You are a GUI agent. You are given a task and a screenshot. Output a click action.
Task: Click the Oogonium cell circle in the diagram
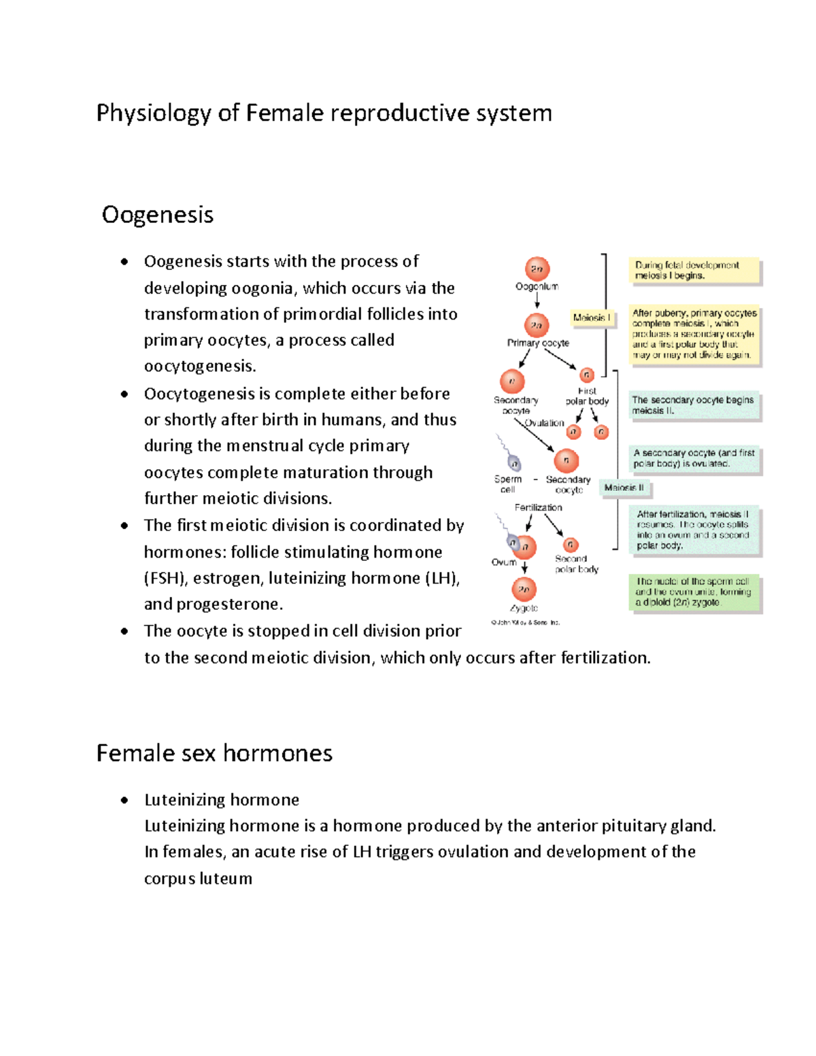pyautogui.click(x=537, y=269)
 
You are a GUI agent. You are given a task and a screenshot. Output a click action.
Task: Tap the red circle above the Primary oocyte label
pyautogui.click(x=537, y=325)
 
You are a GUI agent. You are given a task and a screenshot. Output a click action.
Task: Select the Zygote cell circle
pyautogui.click(x=524, y=589)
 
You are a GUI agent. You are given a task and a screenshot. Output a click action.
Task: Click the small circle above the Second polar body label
pyautogui.click(x=571, y=545)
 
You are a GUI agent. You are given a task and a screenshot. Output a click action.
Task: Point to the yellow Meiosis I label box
pyautogui.click(x=591, y=318)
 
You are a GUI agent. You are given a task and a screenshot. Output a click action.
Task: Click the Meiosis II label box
pyautogui.click(x=624, y=488)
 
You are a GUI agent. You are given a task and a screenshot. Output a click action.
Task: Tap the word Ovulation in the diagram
pyautogui.click(x=545, y=423)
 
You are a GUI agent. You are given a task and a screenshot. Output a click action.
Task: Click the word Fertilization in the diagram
pyautogui.click(x=538, y=507)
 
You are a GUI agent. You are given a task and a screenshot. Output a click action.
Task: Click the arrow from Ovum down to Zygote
pyautogui.click(x=524, y=567)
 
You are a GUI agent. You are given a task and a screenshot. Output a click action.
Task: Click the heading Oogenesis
pyautogui.click(x=158, y=215)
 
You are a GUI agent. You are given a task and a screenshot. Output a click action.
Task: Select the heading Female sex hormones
pyautogui.click(x=214, y=753)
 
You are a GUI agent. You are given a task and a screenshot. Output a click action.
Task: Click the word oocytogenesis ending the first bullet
pyautogui.click(x=200, y=367)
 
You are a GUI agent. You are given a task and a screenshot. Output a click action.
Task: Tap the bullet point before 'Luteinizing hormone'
pyautogui.click(x=124, y=800)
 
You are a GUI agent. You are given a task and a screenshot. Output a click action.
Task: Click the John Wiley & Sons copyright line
pyautogui.click(x=525, y=622)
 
